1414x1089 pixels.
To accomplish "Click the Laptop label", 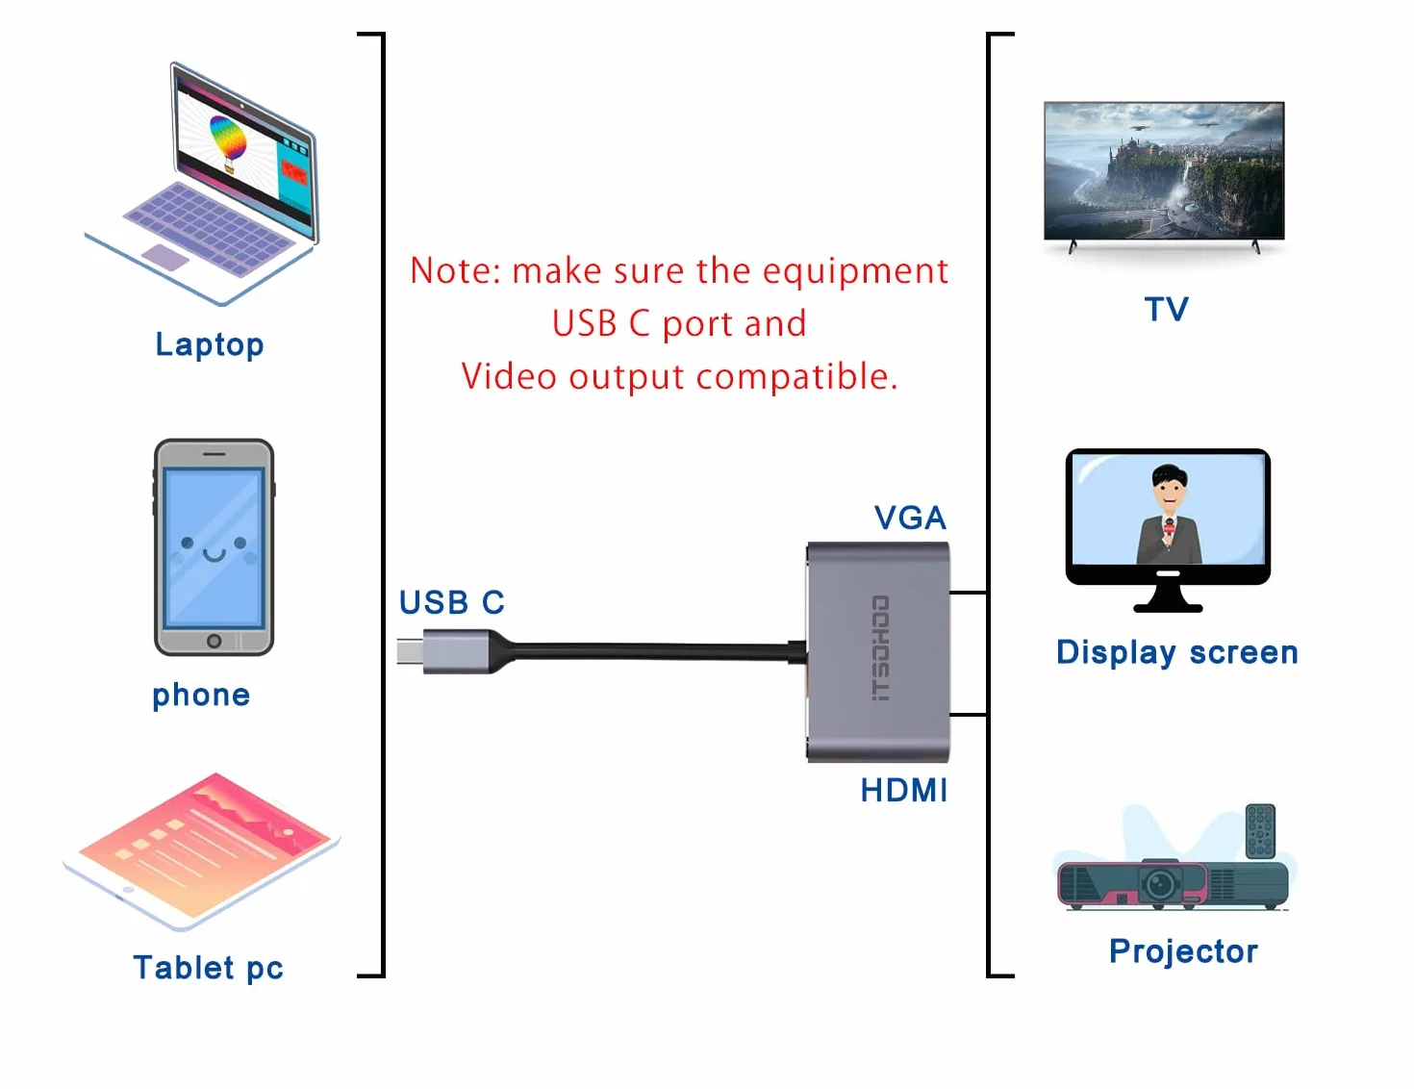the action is click(209, 344).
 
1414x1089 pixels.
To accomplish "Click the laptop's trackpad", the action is click(165, 257).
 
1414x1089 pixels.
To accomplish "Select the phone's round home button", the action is click(214, 641).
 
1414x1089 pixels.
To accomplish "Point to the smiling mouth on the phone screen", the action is click(215, 554).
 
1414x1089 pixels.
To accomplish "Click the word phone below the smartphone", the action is click(201, 696).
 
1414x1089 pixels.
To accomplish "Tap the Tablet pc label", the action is click(208, 967).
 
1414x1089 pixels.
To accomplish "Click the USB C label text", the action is click(451, 602).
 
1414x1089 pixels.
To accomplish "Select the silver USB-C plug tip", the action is click(410, 651).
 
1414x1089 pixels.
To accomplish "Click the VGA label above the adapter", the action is click(910, 518).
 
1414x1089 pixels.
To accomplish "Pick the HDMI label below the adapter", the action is click(904, 791).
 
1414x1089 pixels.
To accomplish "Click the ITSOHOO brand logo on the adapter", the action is click(880, 648).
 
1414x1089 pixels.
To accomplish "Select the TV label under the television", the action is click(1167, 309).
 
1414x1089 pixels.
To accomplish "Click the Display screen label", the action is click(1177, 652).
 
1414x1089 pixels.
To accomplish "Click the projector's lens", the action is click(1159, 883).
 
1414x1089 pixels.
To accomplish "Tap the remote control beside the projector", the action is click(1260, 831).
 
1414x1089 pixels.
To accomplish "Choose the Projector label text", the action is click(1184, 951).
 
